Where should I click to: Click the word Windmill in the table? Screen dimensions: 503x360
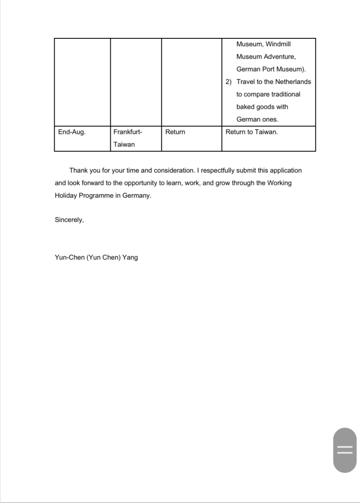point(279,44)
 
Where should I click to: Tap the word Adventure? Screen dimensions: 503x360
point(278,57)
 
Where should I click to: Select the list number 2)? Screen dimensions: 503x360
point(229,82)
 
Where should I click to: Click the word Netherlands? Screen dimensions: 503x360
point(293,82)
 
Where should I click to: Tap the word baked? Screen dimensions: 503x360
point(246,107)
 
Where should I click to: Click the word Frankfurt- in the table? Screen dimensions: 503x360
point(127,132)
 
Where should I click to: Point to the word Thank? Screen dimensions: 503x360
point(79,171)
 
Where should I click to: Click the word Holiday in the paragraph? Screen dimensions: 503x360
point(65,195)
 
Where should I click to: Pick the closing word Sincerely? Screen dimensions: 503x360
point(69,220)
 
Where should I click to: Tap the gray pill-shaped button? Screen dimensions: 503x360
point(345,450)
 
